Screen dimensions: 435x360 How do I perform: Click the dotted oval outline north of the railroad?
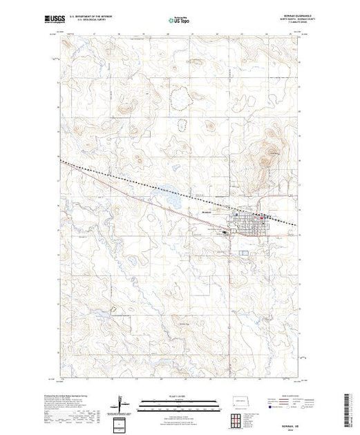pos(183,125)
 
